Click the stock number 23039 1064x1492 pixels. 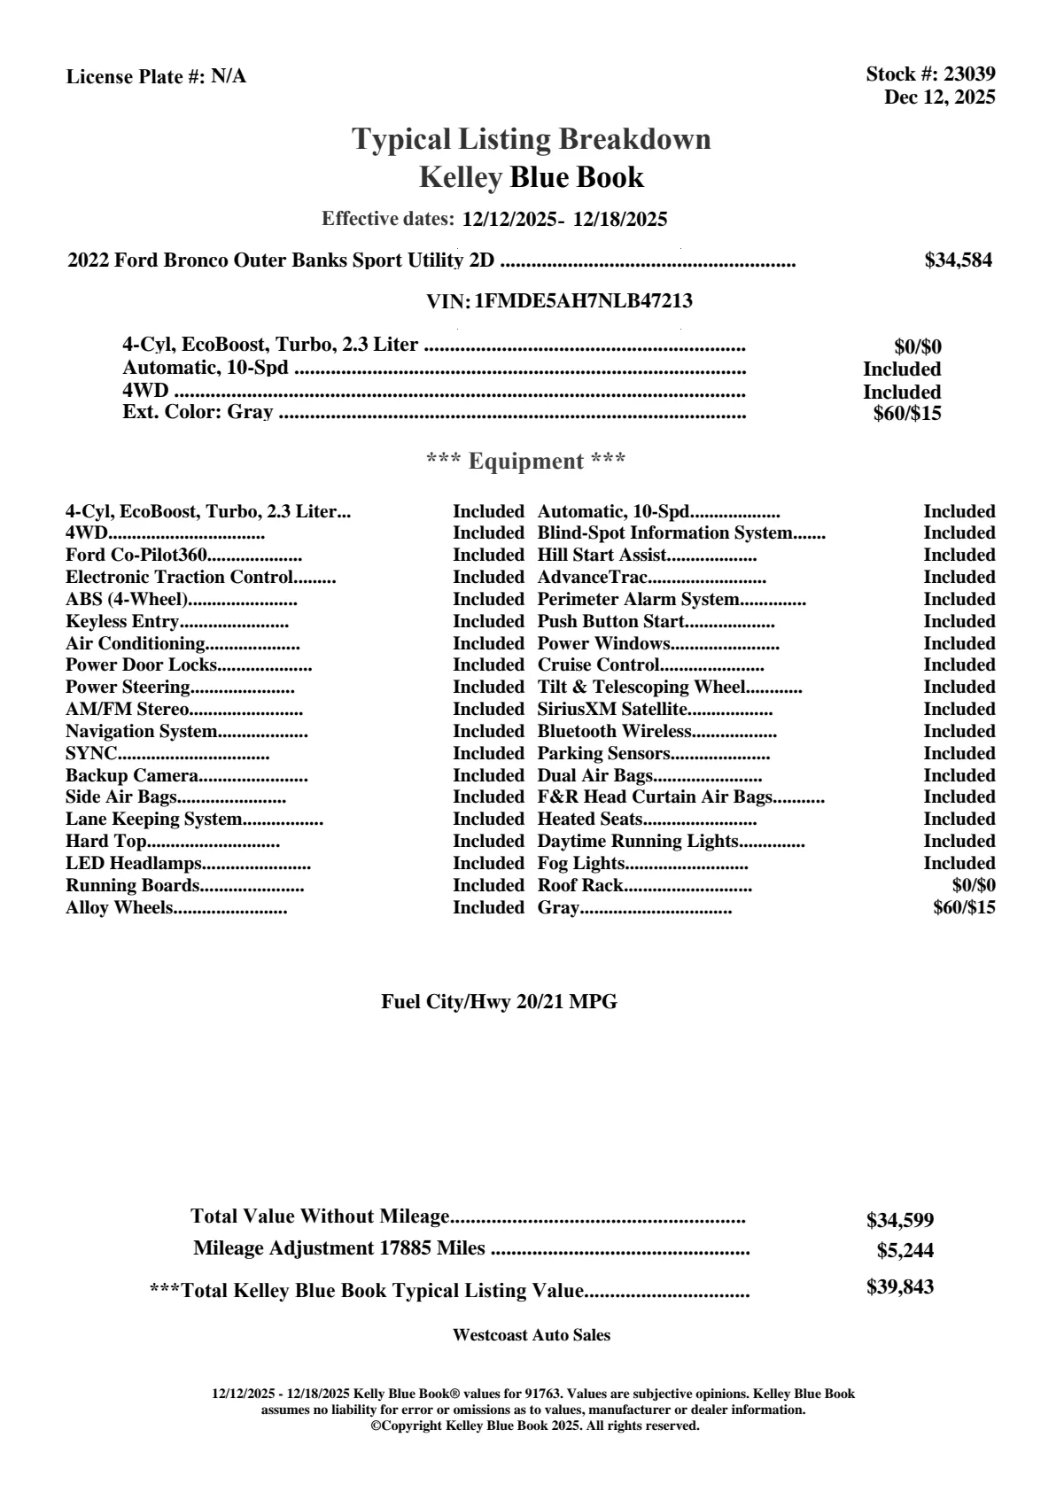pyautogui.click(x=969, y=74)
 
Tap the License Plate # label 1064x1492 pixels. pyautogui.click(x=136, y=77)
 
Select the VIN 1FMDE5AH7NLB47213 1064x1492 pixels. pyautogui.click(x=584, y=301)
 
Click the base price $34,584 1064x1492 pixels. pyautogui.click(x=958, y=260)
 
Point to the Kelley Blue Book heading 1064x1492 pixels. pyautogui.click(x=532, y=177)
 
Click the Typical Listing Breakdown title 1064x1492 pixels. pyautogui.click(x=532, y=139)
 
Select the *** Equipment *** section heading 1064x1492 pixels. pyautogui.click(x=526, y=462)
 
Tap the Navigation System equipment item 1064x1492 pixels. pyautogui.click(x=142, y=732)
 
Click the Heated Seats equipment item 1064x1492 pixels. pyautogui.click(x=590, y=820)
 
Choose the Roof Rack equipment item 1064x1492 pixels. pyautogui.click(x=580, y=886)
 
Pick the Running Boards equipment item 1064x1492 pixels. pyautogui.click(x=132, y=886)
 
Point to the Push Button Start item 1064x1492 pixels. pyautogui.click(x=611, y=622)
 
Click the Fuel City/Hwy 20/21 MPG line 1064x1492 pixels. pyautogui.click(x=499, y=1002)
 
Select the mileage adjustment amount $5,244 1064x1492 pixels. pyautogui.click(x=905, y=1251)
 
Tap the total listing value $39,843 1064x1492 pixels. pyautogui.click(x=900, y=1287)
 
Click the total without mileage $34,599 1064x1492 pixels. pyautogui.click(x=900, y=1221)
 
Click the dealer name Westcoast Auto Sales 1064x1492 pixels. pyautogui.click(x=532, y=1335)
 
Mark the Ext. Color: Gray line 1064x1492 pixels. pyautogui.click(x=198, y=413)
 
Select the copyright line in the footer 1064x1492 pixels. pyautogui.click(x=535, y=1426)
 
